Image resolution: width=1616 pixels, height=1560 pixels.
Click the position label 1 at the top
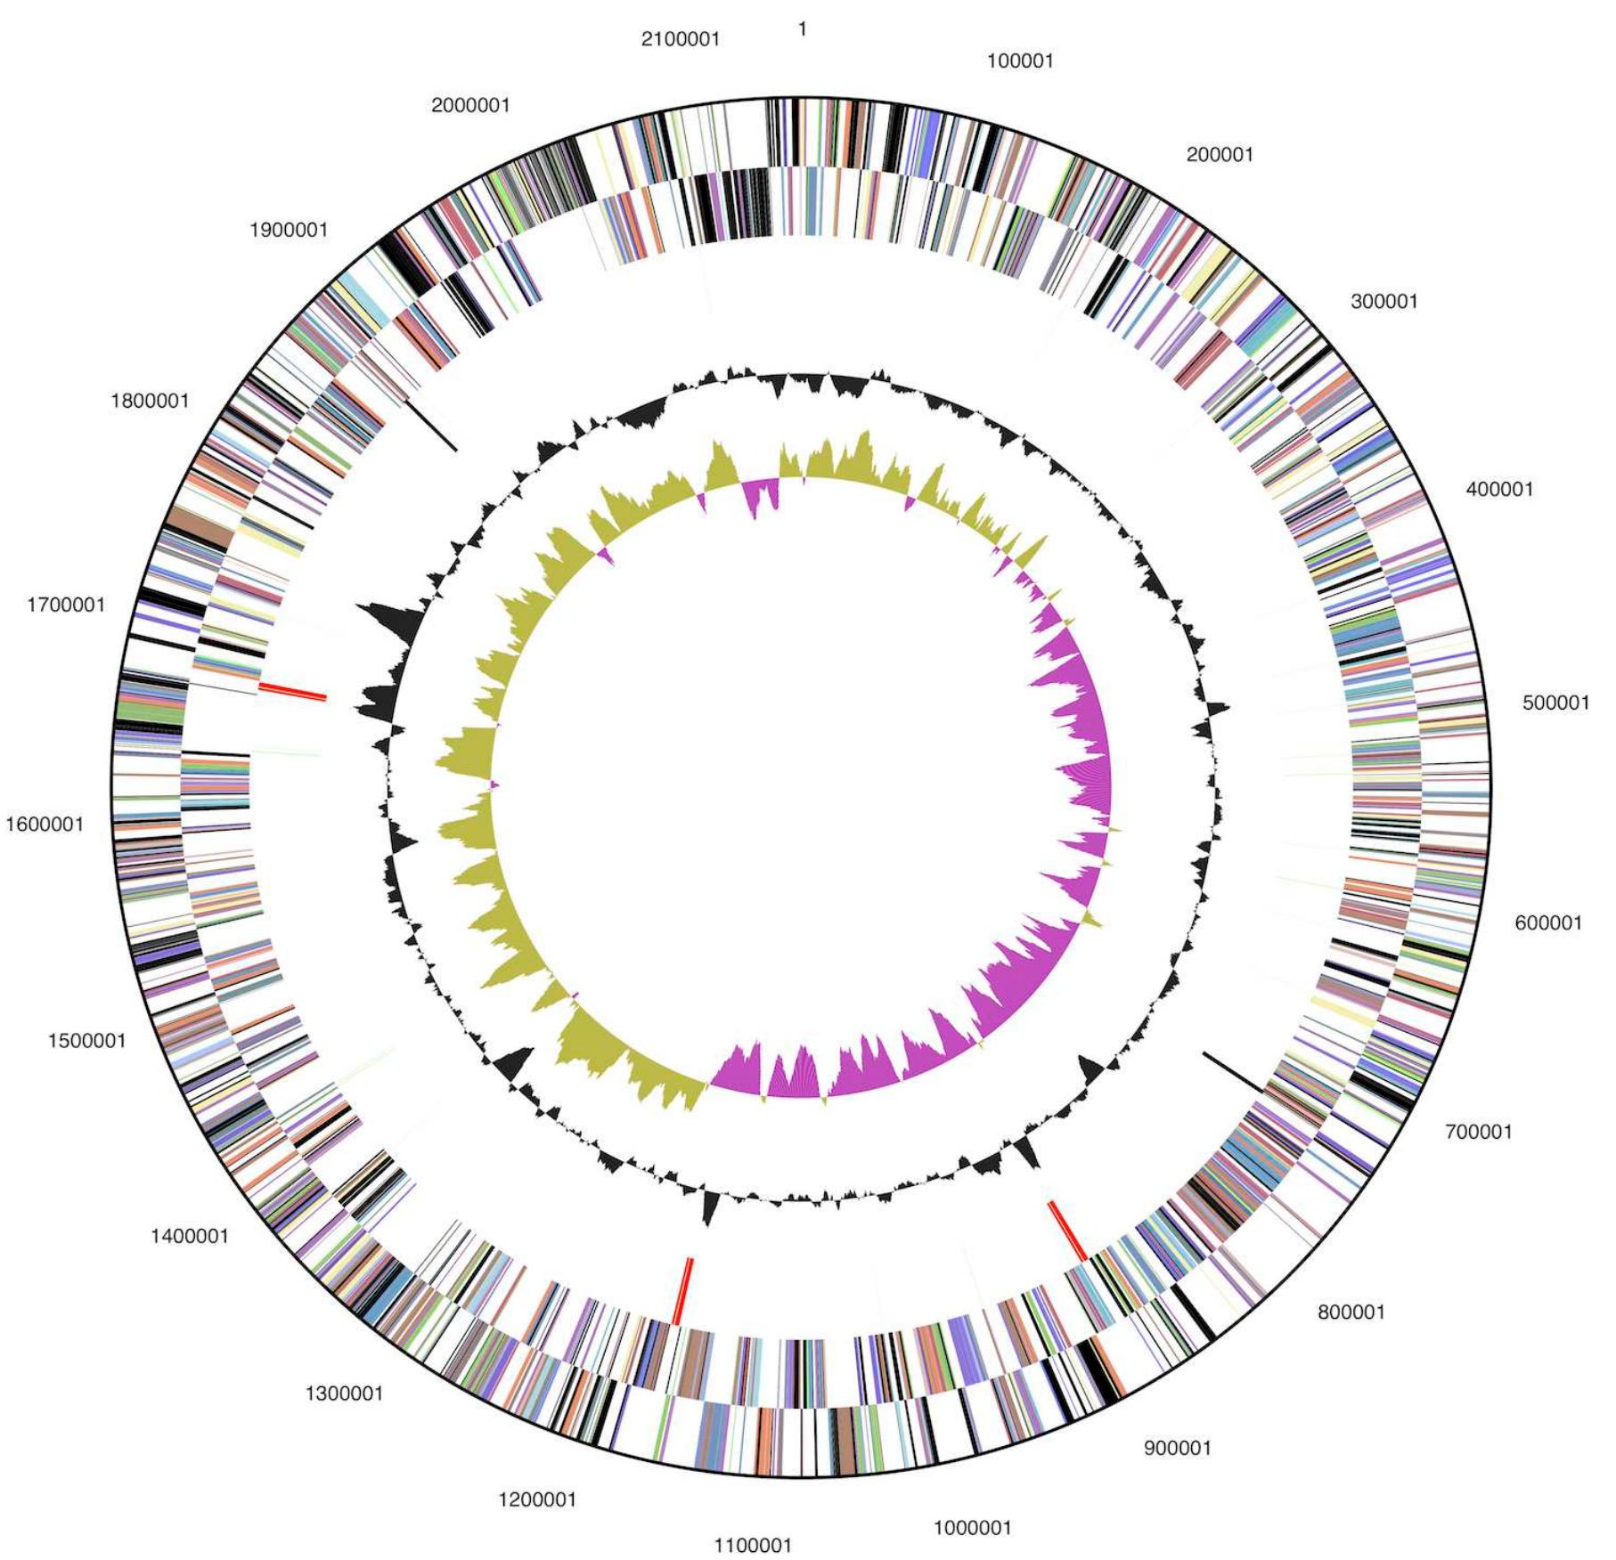pyautogui.click(x=802, y=30)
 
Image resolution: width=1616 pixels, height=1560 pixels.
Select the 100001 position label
pyautogui.click(x=1020, y=61)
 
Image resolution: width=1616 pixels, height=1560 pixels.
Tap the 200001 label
pyautogui.click(x=1220, y=155)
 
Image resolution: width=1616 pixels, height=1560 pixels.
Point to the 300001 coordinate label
pyautogui.click(x=1383, y=302)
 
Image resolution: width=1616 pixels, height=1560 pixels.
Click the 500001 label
pyautogui.click(x=1555, y=703)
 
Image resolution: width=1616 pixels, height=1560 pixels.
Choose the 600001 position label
pyautogui.click(x=1548, y=923)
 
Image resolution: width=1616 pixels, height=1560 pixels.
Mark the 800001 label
pyautogui.click(x=1351, y=1312)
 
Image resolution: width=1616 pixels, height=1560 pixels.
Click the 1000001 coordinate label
pyautogui.click(x=972, y=1528)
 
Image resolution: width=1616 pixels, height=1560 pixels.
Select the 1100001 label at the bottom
pyautogui.click(x=753, y=1545)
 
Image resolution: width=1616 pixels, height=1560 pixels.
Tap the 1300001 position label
pyautogui.click(x=344, y=1393)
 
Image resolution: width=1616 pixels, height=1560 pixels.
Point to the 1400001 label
pyautogui.click(x=189, y=1236)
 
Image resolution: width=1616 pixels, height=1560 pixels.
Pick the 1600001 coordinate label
pyautogui.click(x=45, y=825)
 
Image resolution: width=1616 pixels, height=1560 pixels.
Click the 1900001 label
pyautogui.click(x=289, y=231)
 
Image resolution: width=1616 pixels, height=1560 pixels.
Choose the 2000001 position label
pyautogui.click(x=470, y=106)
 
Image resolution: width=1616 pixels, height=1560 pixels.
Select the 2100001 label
pyautogui.click(x=680, y=39)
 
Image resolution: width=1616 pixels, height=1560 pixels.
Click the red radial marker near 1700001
pyautogui.click(x=293, y=691)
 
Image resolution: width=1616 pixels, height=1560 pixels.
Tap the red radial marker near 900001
pyautogui.click(x=1067, y=1231)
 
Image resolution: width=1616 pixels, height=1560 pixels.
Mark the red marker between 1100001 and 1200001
pyautogui.click(x=683, y=1291)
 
